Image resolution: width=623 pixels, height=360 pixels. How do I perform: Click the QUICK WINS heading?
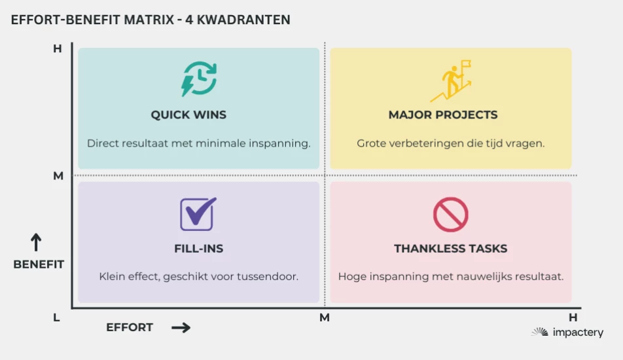(188, 115)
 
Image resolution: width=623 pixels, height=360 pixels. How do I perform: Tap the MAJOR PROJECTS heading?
(443, 115)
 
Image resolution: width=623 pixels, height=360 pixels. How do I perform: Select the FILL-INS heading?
(199, 249)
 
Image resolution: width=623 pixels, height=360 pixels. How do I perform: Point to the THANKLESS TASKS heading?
(450, 249)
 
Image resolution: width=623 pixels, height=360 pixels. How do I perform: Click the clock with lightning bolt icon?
(199, 79)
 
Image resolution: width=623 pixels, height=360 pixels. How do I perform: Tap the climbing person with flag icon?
(451, 81)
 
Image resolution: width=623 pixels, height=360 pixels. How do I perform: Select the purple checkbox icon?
(198, 214)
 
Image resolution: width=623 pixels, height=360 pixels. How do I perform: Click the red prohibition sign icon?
(450, 215)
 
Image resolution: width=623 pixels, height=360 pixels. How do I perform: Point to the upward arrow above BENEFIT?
(36, 242)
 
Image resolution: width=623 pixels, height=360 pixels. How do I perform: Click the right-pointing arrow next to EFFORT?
(181, 327)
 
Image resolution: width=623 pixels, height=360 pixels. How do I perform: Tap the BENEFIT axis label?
(39, 264)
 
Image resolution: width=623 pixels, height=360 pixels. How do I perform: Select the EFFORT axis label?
(130, 327)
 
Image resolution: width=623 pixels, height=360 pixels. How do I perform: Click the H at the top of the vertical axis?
(58, 49)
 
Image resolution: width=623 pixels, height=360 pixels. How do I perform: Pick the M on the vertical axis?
(58, 175)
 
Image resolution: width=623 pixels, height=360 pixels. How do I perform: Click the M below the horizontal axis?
(325, 317)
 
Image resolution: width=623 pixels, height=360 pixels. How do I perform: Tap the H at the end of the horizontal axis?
(573, 317)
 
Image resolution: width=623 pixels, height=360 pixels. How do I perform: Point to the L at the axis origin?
(56, 317)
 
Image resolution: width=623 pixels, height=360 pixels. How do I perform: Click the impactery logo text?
(578, 333)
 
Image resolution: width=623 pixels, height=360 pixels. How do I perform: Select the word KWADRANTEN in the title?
(243, 20)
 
